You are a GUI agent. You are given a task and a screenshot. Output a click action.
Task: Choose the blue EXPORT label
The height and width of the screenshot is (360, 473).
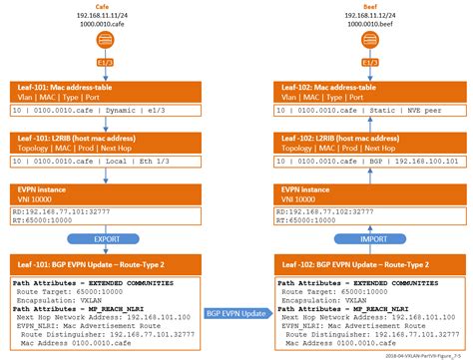point(100,239)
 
